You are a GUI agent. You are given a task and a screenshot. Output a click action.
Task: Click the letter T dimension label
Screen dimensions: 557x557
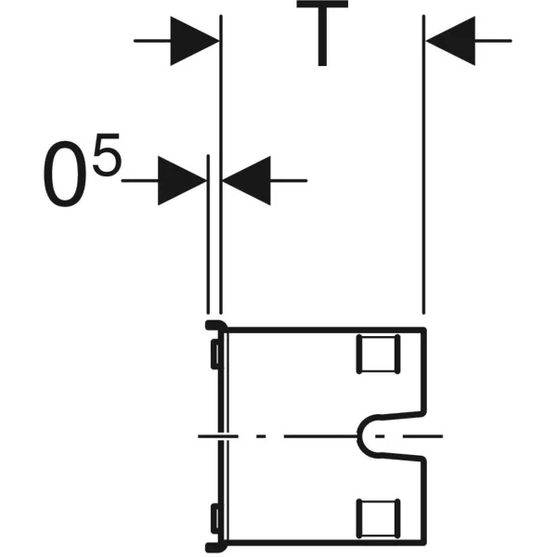pyautogui.click(x=322, y=33)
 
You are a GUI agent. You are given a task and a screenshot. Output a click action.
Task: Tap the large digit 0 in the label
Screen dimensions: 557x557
pyautogui.click(x=65, y=174)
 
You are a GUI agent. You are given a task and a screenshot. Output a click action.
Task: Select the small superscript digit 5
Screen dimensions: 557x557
pyautogui.click(x=107, y=154)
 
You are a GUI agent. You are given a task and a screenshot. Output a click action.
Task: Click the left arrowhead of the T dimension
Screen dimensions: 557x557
pyautogui.click(x=195, y=41)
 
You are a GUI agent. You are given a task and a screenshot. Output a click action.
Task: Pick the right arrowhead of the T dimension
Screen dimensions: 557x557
pyautogui.click(x=450, y=41)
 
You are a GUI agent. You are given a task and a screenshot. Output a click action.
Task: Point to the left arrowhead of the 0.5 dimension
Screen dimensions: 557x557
pyautogui.click(x=182, y=180)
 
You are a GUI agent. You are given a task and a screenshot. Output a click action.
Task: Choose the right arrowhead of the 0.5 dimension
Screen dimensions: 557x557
pyautogui.click(x=247, y=180)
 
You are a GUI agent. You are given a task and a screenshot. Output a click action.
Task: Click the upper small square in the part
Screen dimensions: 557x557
pyautogui.click(x=379, y=354)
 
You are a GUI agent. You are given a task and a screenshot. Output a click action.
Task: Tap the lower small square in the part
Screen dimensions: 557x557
pyautogui.click(x=379, y=518)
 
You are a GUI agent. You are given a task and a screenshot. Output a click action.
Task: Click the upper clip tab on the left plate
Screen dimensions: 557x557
pyautogui.click(x=215, y=355)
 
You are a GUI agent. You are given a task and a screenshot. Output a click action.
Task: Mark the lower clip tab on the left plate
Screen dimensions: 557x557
pyautogui.click(x=215, y=518)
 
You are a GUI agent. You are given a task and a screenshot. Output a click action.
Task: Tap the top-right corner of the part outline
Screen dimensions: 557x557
pyautogui.click(x=424, y=330)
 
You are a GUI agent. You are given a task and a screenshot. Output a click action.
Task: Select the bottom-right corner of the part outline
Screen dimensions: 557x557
pyautogui.click(x=424, y=543)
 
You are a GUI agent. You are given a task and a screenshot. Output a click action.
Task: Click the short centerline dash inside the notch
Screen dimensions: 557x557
pyautogui.click(x=380, y=436)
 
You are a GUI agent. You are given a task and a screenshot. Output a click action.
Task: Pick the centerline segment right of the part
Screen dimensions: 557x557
pyautogui.click(x=422, y=436)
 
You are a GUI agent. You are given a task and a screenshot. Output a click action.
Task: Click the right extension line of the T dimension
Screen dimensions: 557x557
pyautogui.click(x=423, y=164)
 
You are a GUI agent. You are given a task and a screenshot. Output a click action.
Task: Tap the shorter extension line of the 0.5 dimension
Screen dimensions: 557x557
pyautogui.click(x=208, y=234)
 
